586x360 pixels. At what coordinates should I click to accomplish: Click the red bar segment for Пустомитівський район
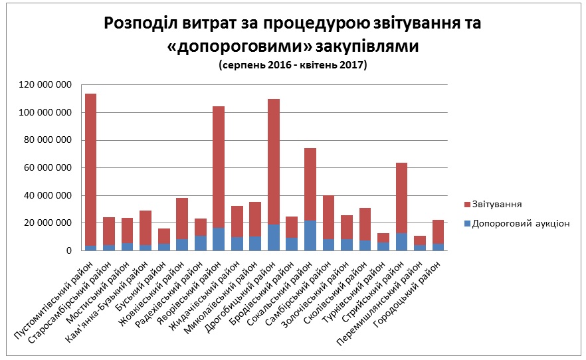coord(90,169)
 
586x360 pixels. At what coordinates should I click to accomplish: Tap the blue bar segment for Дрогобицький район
coord(273,237)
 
